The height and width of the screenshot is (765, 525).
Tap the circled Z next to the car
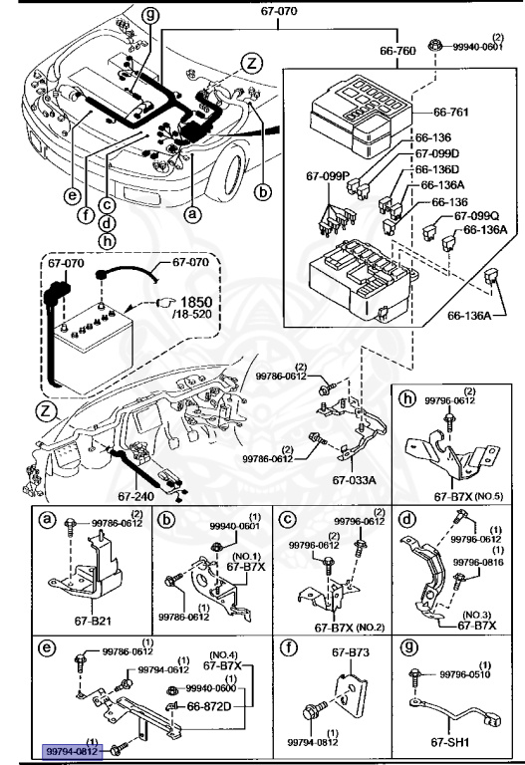pos(253,63)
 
